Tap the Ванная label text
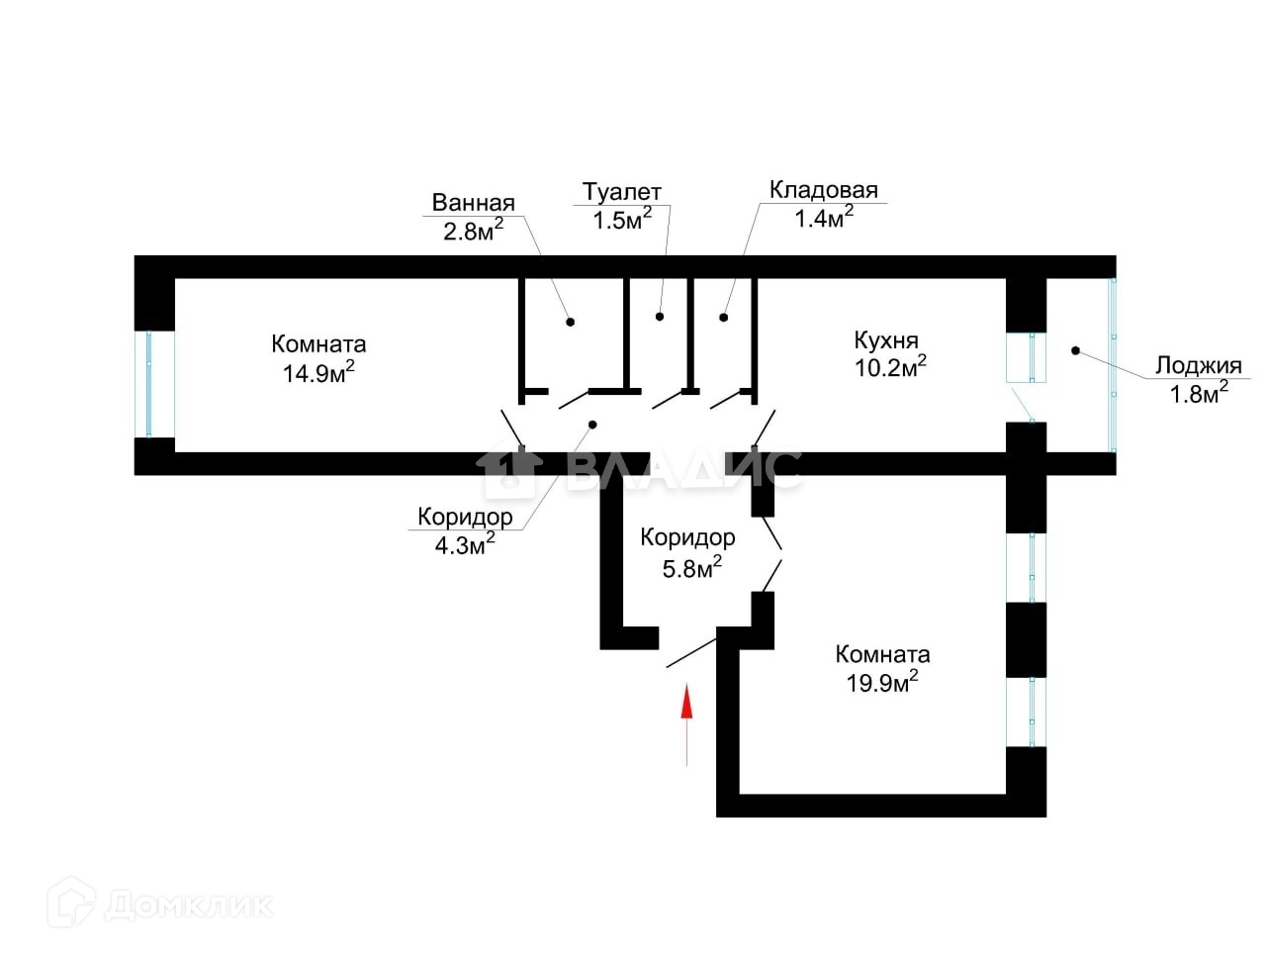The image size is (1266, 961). (x=473, y=204)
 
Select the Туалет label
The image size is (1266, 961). (x=621, y=192)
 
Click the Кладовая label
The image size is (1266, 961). (x=823, y=190)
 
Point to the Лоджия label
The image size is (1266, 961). (x=1198, y=366)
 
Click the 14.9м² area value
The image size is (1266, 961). (x=318, y=373)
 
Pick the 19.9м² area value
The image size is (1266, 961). (x=882, y=682)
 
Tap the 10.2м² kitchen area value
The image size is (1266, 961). (x=890, y=367)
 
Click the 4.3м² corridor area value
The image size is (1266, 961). (x=465, y=544)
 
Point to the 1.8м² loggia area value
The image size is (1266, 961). (x=1199, y=393)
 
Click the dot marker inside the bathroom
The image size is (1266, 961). (x=570, y=322)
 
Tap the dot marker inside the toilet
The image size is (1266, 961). (x=660, y=317)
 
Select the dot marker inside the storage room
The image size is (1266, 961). (x=724, y=318)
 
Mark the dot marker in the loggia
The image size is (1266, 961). (x=1075, y=350)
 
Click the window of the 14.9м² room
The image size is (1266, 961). (x=149, y=384)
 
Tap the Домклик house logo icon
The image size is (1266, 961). (x=71, y=904)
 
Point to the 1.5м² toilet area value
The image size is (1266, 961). (x=622, y=219)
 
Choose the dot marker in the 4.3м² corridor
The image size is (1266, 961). (x=592, y=425)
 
